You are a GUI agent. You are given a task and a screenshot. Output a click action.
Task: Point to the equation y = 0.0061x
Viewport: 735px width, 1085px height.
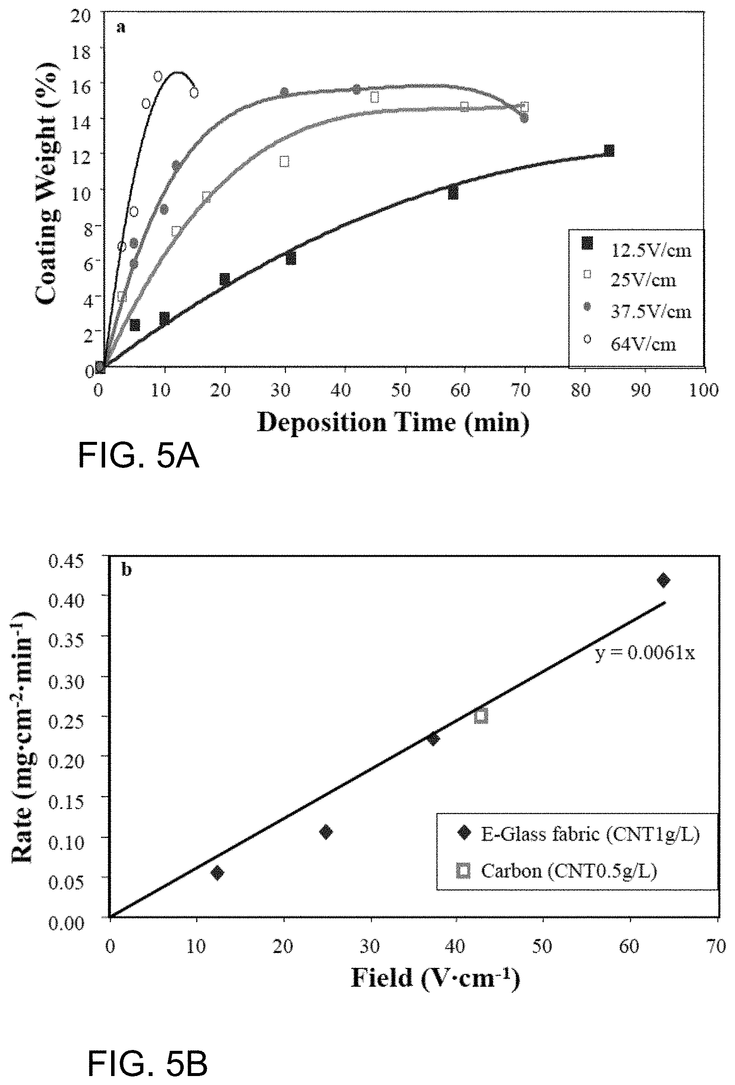[645, 653]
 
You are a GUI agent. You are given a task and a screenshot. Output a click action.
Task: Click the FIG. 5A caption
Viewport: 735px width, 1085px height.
[138, 456]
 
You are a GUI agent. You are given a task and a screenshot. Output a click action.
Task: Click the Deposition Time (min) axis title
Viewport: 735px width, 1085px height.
[393, 423]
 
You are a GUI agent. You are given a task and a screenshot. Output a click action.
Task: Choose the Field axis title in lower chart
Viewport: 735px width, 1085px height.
[435, 978]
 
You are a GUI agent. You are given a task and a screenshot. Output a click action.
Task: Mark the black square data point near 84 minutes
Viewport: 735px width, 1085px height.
[609, 150]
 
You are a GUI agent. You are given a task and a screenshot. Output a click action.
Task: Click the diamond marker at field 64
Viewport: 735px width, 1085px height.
[663, 580]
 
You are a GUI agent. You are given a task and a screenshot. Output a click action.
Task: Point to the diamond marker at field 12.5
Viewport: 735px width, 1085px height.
[217, 873]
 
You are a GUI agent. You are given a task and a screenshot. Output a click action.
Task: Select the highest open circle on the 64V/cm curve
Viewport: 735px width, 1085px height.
[158, 76]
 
